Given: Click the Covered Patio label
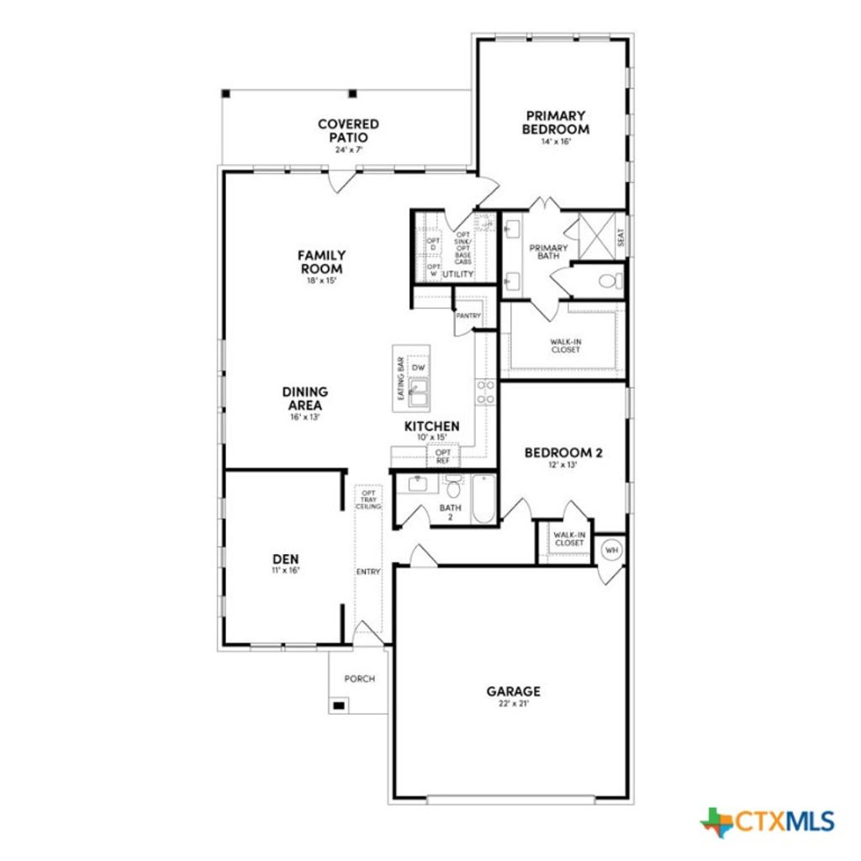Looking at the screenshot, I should coord(347,130).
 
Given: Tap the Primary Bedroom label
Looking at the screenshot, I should coord(555,122).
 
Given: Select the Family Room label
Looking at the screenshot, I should coord(321,261).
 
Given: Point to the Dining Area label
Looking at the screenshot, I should coord(305,398).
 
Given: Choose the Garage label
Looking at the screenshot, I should coord(513,691).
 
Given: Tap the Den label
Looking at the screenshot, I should coord(285,558).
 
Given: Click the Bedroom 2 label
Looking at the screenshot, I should coord(563,452).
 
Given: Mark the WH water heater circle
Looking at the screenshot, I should coord(611,550).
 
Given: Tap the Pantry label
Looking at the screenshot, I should coord(467,316).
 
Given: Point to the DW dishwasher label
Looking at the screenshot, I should coord(419,368).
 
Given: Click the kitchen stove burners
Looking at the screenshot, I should coord(486,393).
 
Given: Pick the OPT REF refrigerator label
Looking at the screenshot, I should coord(442,457).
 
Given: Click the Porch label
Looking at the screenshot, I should coord(360,679).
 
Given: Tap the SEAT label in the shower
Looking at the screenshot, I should coord(621,238).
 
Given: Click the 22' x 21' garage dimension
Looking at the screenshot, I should coord(513,704).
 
